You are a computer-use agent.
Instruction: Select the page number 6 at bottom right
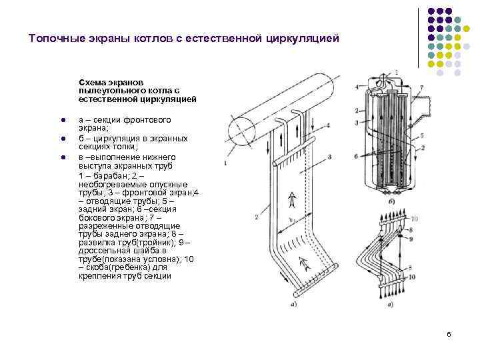[449, 333]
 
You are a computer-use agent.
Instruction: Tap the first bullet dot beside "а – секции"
[61, 121]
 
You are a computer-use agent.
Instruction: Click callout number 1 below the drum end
[225, 163]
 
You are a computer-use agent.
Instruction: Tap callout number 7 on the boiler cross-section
[421, 87]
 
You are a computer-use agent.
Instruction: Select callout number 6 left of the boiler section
[357, 155]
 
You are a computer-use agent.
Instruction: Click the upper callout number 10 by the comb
[415, 219]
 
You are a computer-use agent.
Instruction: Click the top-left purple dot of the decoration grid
[431, 11]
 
